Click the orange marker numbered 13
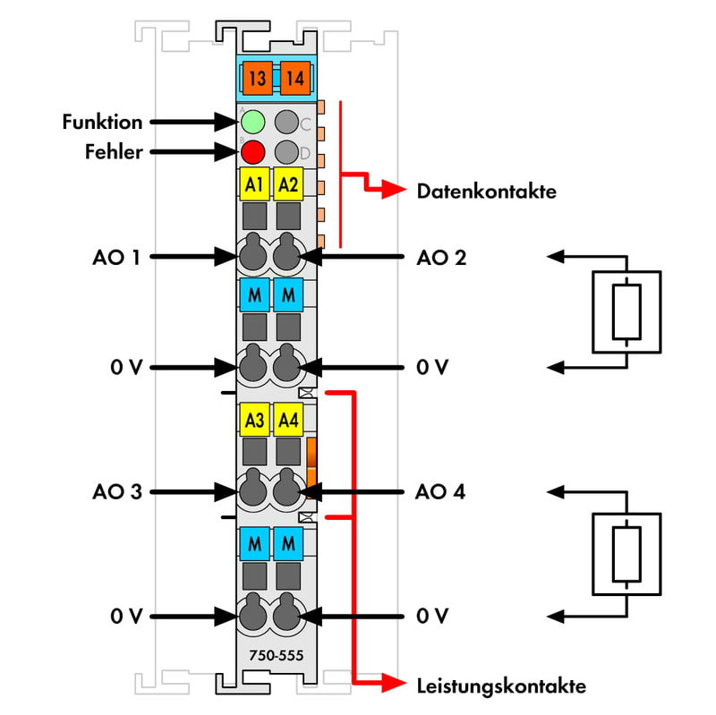click(257, 79)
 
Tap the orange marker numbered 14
click(294, 79)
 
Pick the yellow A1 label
click(254, 185)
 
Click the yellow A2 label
click(287, 185)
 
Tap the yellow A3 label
click(254, 419)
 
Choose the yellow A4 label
click(287, 419)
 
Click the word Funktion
click(102, 121)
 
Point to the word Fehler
click(114, 152)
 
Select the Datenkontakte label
click(486, 191)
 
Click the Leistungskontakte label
click(501, 686)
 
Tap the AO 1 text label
click(116, 258)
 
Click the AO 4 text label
click(440, 491)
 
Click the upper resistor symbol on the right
click(626, 310)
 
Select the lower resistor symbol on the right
click(626, 553)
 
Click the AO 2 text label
click(440, 258)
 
